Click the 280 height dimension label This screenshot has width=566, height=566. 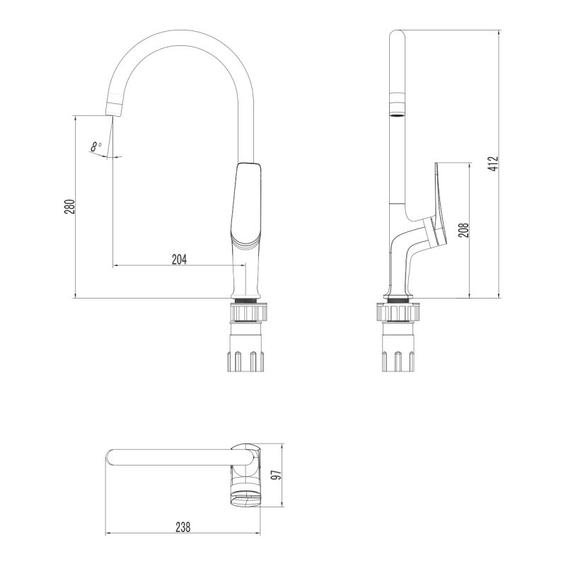click(x=69, y=207)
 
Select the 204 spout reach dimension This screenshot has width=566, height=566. click(x=179, y=260)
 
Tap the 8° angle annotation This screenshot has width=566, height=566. click(x=96, y=147)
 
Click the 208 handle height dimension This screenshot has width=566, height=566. click(x=463, y=230)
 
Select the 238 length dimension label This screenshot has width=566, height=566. click(x=182, y=527)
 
